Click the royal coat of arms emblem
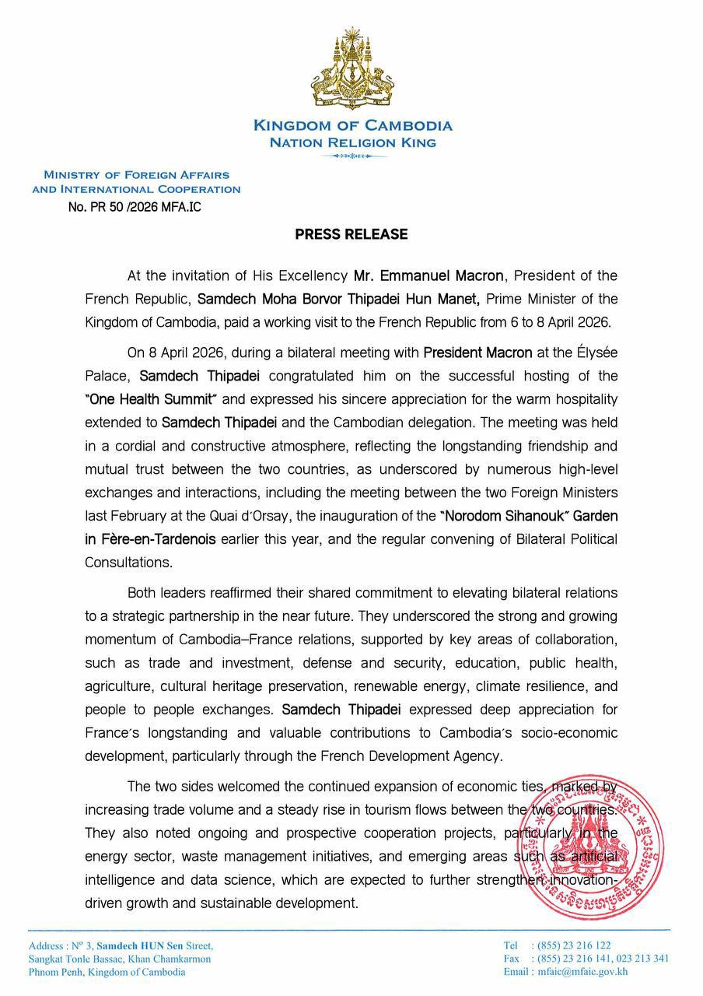[x=351, y=71]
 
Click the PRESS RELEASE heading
[x=351, y=234]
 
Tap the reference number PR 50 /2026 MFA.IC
[x=135, y=207]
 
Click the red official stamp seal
[x=594, y=845]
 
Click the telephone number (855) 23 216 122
[x=571, y=945]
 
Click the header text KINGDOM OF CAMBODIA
[x=352, y=125]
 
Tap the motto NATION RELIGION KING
[x=352, y=142]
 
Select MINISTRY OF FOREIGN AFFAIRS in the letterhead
[x=136, y=175]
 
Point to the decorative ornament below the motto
[x=352, y=156]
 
